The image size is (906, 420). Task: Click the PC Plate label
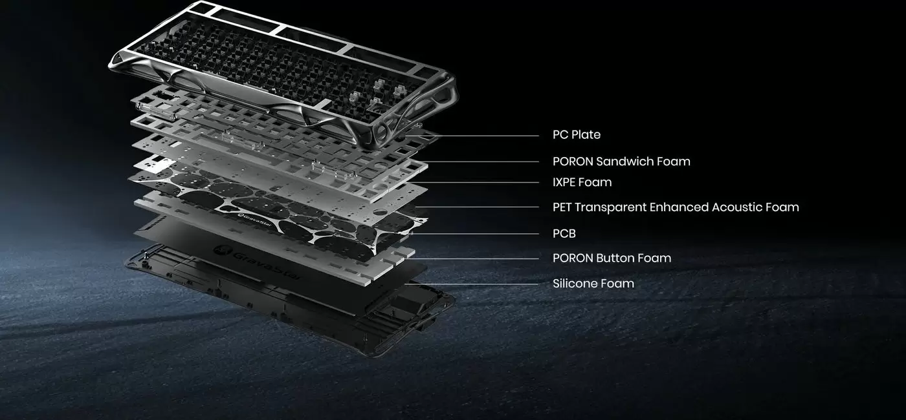(x=577, y=135)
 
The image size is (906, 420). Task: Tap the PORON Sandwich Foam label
(x=621, y=162)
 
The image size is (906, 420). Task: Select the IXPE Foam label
(x=582, y=182)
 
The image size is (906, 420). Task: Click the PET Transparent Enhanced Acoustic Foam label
(x=676, y=207)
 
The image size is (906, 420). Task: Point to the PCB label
(x=564, y=233)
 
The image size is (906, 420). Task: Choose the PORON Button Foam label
(x=612, y=258)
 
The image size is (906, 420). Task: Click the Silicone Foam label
(x=593, y=284)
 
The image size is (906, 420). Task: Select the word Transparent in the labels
(x=610, y=207)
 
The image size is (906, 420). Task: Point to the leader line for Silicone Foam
(x=472, y=284)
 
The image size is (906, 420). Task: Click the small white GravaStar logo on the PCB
(x=254, y=220)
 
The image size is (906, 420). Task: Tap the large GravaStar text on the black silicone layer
(x=259, y=261)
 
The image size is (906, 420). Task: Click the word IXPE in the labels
(x=564, y=182)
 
